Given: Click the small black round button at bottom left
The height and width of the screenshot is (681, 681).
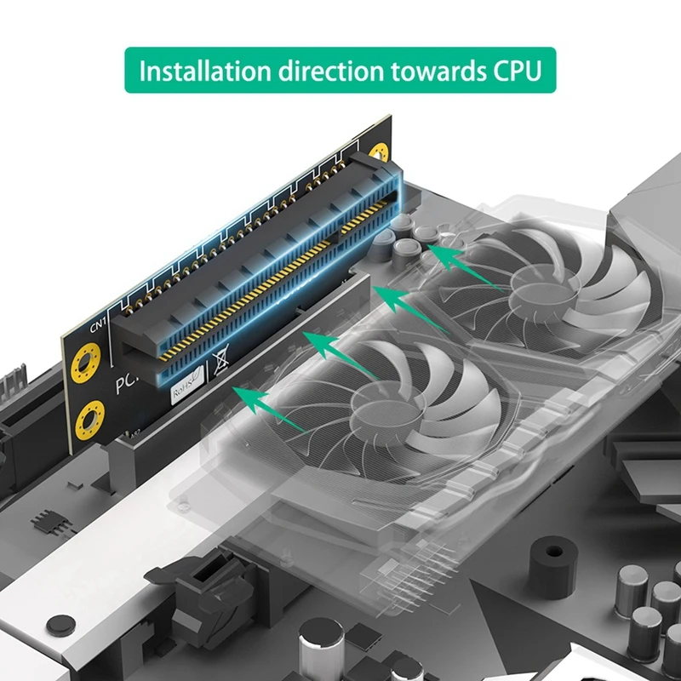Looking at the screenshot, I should coord(57,625).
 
